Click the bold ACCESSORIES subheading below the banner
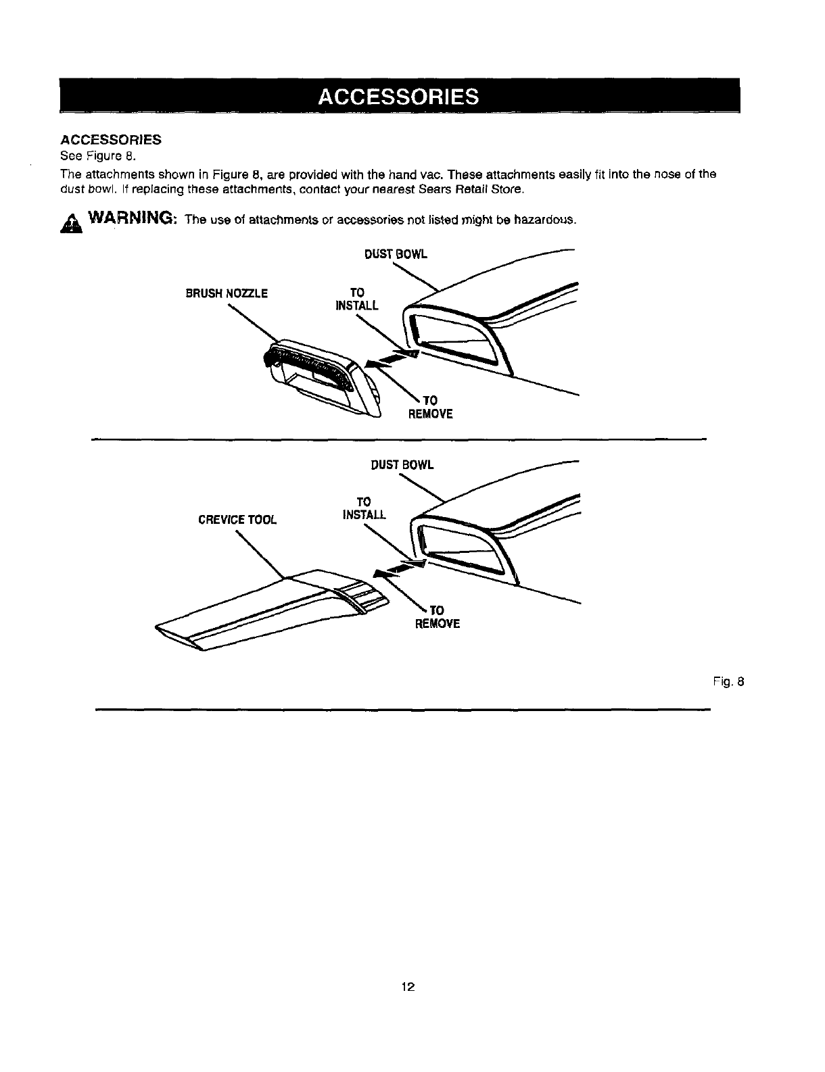click(x=111, y=140)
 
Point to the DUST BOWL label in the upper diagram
click(x=396, y=255)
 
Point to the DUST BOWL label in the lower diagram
click(x=402, y=465)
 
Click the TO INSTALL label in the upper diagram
click(x=357, y=299)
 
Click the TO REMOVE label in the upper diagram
click(x=429, y=408)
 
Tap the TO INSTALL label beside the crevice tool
click(x=364, y=508)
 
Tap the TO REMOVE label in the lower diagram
click(x=437, y=617)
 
